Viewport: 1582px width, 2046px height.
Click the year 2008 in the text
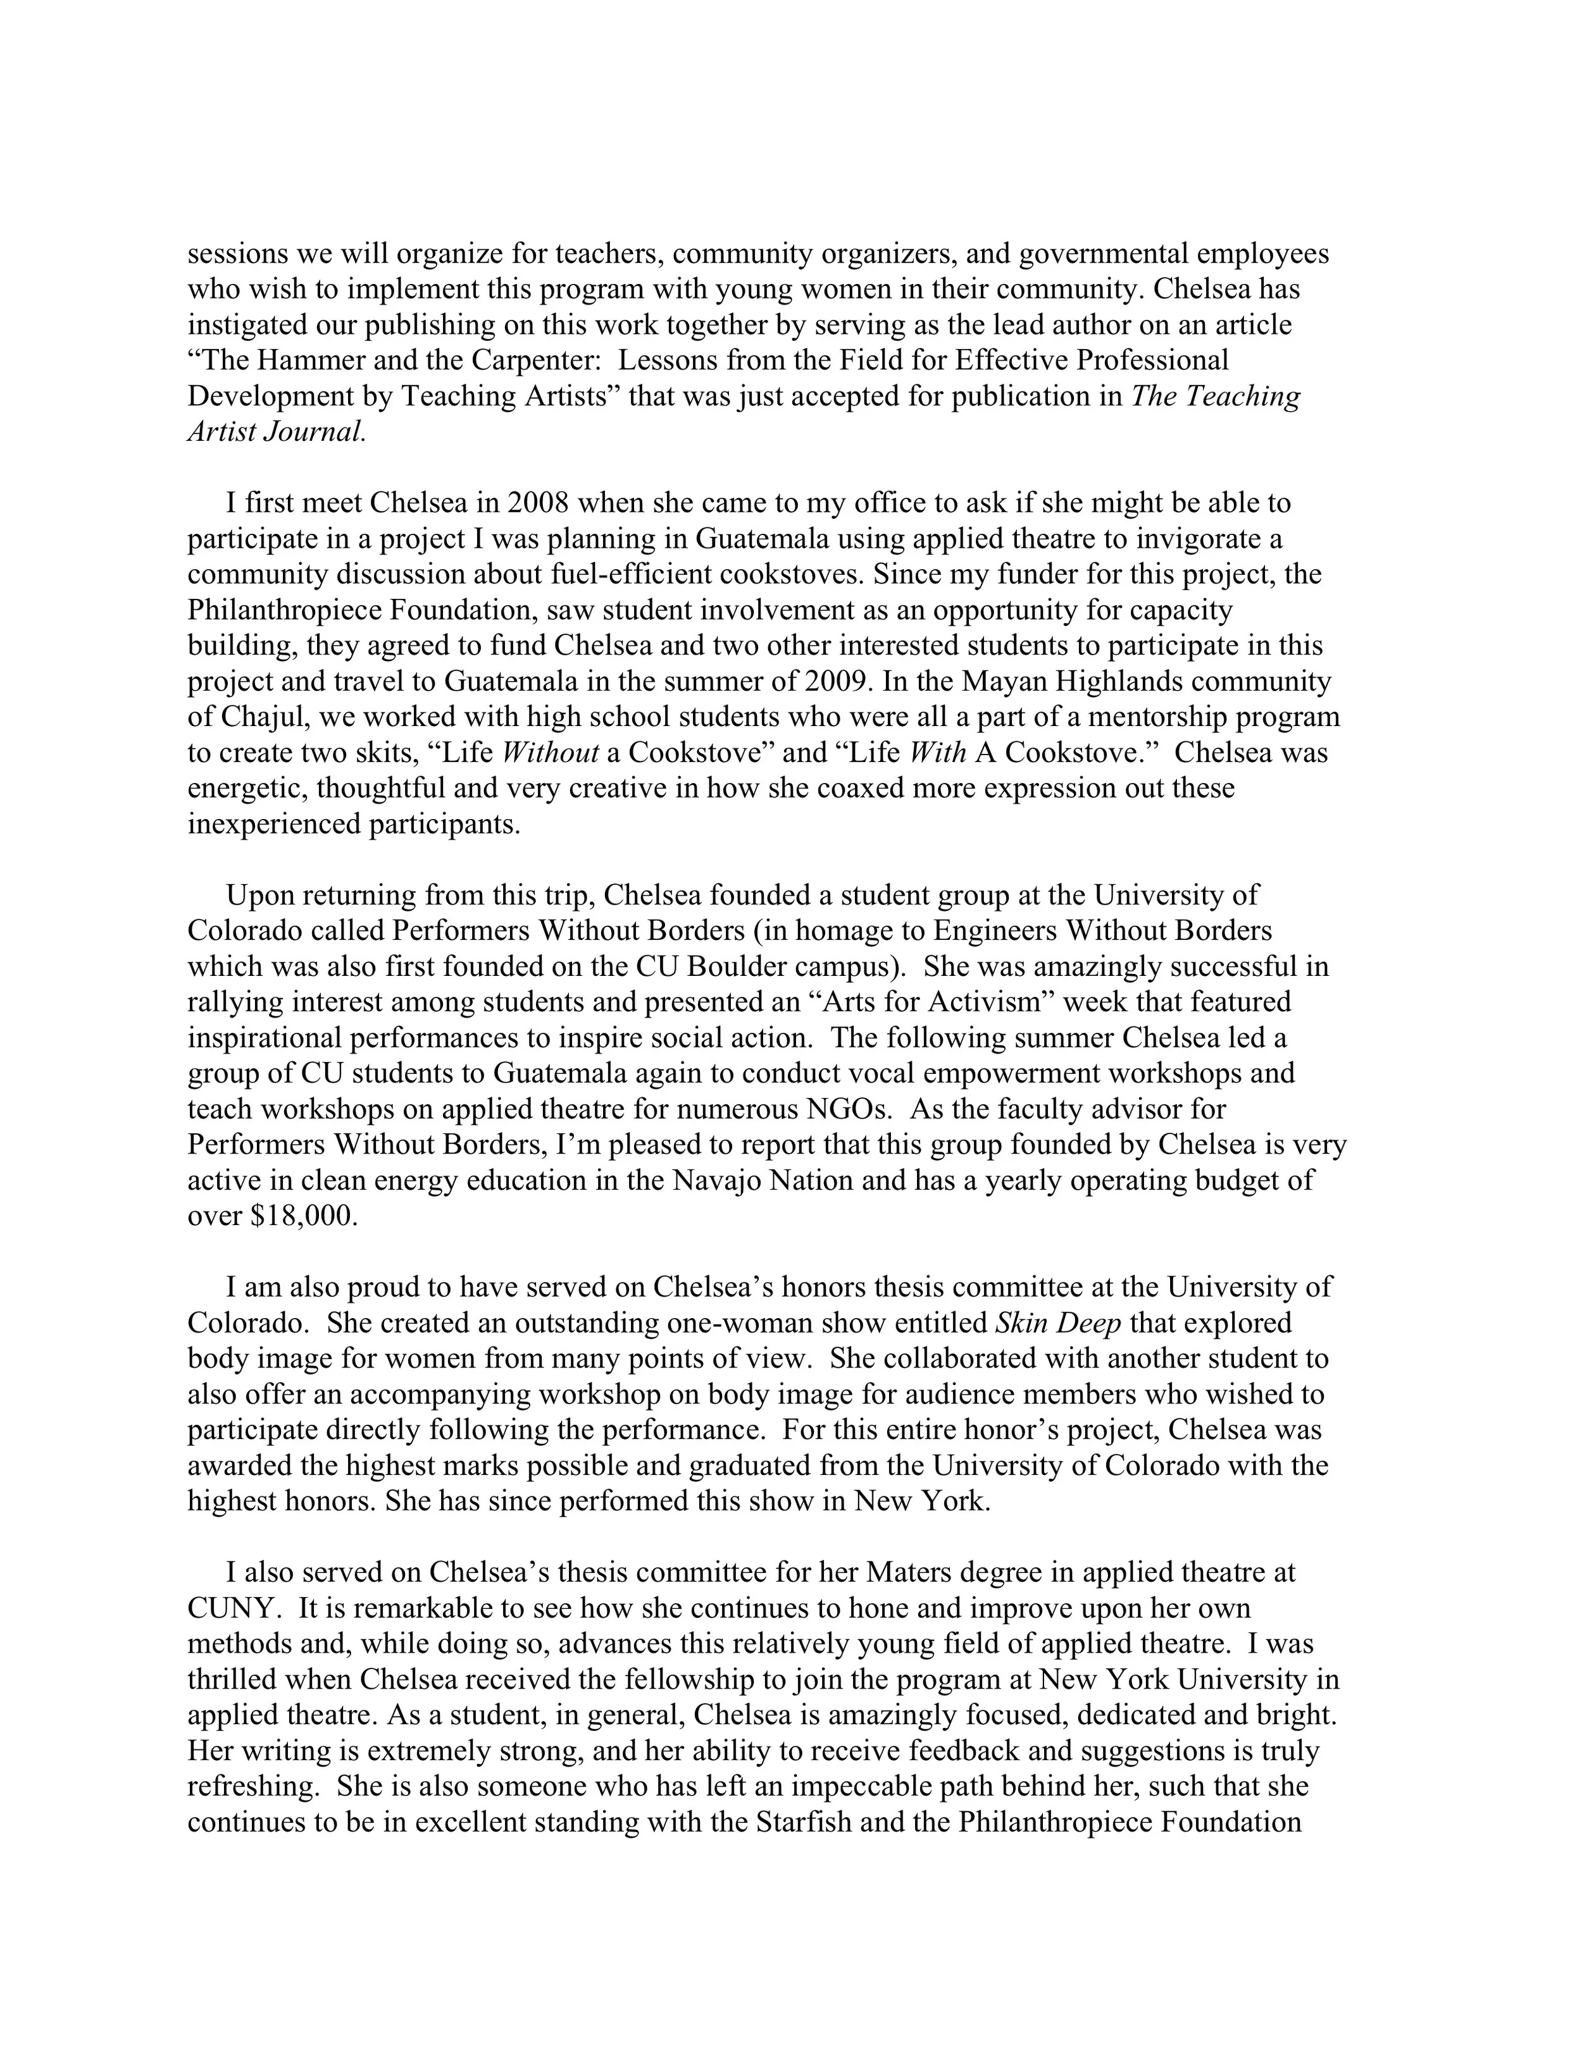(x=537, y=504)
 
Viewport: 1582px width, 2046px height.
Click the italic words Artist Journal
(x=275, y=432)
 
